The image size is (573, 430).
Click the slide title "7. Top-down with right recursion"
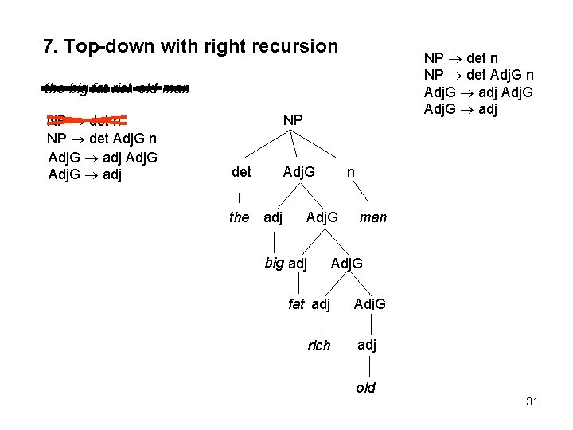pos(190,46)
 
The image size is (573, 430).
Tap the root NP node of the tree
pos(293,119)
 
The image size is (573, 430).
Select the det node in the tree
pos(241,171)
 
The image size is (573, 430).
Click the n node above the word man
pos(351,171)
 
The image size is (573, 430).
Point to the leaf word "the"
pos(239,217)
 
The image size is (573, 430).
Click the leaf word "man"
pos(373,217)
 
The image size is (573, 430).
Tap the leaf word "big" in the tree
pos(275,263)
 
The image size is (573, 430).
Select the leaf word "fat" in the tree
pos(297,304)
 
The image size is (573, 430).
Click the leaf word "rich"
pos(319,346)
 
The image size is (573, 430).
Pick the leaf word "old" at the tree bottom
pos(365,389)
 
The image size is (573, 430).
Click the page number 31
pos(532,401)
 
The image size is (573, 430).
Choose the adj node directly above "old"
pos(367,345)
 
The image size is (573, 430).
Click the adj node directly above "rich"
pos(322,304)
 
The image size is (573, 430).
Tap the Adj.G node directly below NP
pos(299,171)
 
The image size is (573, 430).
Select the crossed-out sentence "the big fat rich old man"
pos(116,89)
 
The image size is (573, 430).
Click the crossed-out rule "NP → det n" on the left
pos(84,122)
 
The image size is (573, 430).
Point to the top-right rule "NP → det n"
pos(461,58)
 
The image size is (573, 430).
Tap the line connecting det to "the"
pos(240,194)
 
